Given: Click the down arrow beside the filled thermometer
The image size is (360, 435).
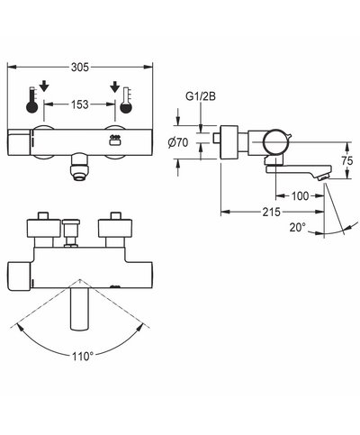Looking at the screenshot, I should click(46, 88).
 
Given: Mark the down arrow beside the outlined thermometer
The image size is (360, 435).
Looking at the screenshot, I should click(114, 88).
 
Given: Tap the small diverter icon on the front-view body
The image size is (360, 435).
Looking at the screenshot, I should click(114, 139).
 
